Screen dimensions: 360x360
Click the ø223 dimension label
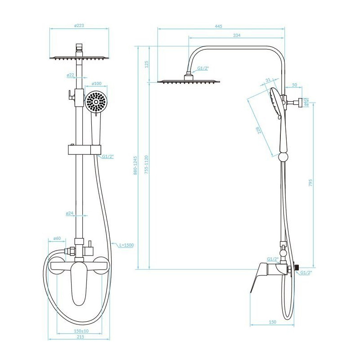79,26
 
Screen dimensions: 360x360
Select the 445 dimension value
219,26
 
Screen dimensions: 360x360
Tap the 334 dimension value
237,35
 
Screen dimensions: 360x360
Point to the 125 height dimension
147,64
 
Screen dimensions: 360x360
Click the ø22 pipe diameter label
71,75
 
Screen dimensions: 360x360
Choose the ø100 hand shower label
96,84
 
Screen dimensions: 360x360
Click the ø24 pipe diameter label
70,213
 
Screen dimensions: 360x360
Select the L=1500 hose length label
126,245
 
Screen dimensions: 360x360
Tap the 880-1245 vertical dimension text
135,166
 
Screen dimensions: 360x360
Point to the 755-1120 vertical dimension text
147,164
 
